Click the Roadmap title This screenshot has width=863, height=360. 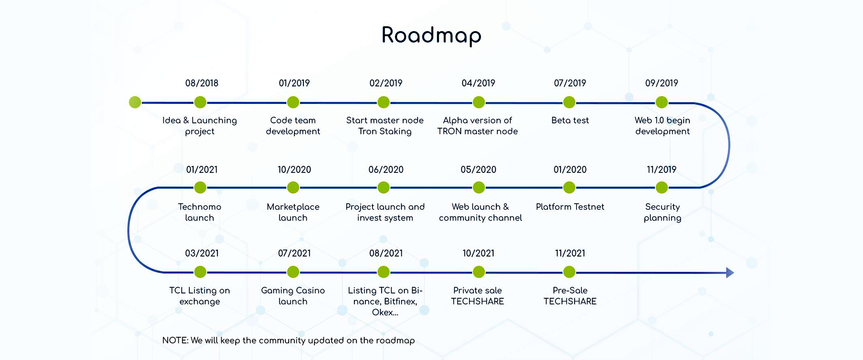click(x=431, y=35)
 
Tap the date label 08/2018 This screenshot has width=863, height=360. click(x=202, y=83)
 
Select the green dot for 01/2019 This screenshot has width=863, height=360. click(x=293, y=102)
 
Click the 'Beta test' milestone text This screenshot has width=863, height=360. click(x=570, y=120)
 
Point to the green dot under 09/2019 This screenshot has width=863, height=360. click(x=662, y=102)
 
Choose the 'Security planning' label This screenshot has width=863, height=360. click(x=662, y=213)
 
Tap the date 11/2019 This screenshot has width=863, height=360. click(x=661, y=170)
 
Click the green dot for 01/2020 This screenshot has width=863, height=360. click(x=569, y=187)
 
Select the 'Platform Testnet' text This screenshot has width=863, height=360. click(x=570, y=207)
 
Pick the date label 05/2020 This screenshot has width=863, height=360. click(x=478, y=170)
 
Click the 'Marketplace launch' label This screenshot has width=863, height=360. click(x=293, y=212)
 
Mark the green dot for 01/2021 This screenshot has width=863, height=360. click(x=200, y=187)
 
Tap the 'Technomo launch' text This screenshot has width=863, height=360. click(x=200, y=212)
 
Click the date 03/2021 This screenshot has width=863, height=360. click(x=202, y=253)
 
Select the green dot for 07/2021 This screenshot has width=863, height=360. click(x=293, y=272)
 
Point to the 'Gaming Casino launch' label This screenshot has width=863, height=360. click(x=293, y=296)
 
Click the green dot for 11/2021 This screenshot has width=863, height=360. click(x=569, y=272)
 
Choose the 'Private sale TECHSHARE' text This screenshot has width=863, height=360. click(x=477, y=296)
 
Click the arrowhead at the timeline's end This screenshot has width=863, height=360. click(x=730, y=272)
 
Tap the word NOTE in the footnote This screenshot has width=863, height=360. click(x=175, y=341)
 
